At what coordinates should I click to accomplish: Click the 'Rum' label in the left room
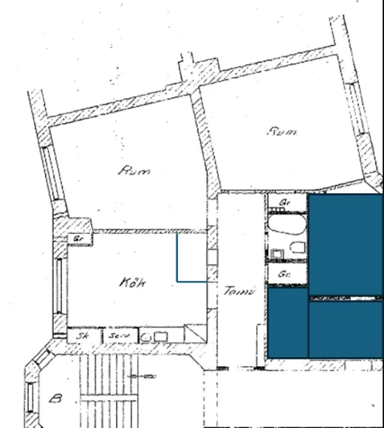point(134,171)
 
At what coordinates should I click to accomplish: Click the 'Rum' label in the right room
point(282,132)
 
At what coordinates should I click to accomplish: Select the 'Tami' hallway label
point(239,291)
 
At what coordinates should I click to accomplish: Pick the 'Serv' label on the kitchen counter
point(119,336)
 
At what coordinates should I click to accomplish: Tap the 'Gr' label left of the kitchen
point(76,239)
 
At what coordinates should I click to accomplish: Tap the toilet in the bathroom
point(297,247)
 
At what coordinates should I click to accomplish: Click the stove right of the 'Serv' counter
point(154,336)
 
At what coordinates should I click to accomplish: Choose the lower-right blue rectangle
point(346,329)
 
